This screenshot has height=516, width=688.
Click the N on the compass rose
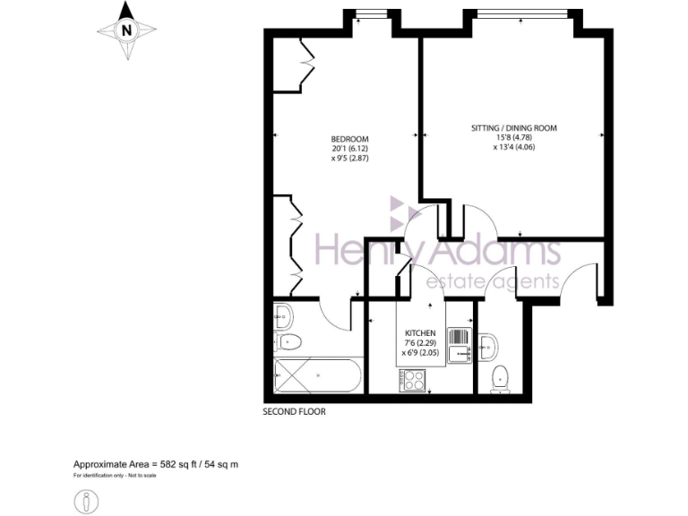[126, 30]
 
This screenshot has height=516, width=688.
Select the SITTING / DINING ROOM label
[514, 128]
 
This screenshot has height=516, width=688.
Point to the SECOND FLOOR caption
[294, 413]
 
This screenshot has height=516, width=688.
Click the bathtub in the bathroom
[318, 376]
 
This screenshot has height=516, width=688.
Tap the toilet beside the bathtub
[288, 341]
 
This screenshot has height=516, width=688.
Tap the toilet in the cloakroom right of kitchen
[501, 377]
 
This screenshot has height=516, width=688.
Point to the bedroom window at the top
[368, 13]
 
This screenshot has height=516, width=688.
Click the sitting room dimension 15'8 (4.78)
[514, 138]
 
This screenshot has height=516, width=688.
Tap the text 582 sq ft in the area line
[180, 464]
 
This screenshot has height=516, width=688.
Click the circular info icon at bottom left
[88, 499]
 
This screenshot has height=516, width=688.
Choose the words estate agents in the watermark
[492, 282]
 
